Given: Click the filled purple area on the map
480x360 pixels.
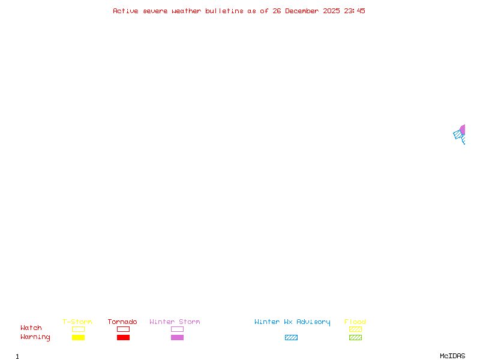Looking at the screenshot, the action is point(463,130).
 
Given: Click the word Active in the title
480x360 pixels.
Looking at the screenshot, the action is point(125,11).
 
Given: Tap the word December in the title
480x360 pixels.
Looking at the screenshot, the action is point(302,11).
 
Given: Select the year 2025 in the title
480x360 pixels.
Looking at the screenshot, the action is point(331,11).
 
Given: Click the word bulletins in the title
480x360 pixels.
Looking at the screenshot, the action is point(224,11).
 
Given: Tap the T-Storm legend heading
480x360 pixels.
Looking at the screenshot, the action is point(77,322).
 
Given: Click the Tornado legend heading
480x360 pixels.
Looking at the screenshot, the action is point(122,322).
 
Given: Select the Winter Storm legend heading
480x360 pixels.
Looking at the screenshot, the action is point(175,322).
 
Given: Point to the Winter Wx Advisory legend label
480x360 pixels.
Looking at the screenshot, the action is point(292,322).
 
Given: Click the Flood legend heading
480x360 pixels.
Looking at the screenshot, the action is point(355,322).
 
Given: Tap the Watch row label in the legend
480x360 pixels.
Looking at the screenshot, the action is point(31,328).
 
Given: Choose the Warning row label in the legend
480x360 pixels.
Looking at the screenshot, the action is point(35,337).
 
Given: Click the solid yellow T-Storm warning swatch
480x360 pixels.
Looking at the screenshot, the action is point(79,337).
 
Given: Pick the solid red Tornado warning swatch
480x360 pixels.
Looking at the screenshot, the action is point(124,337).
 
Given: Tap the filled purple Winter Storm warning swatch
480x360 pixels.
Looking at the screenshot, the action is point(177,337).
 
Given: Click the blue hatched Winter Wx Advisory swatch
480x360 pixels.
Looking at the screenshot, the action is point(291,337).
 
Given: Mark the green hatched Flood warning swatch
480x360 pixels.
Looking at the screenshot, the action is point(355,337).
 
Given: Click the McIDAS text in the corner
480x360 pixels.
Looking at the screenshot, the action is point(452,356).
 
